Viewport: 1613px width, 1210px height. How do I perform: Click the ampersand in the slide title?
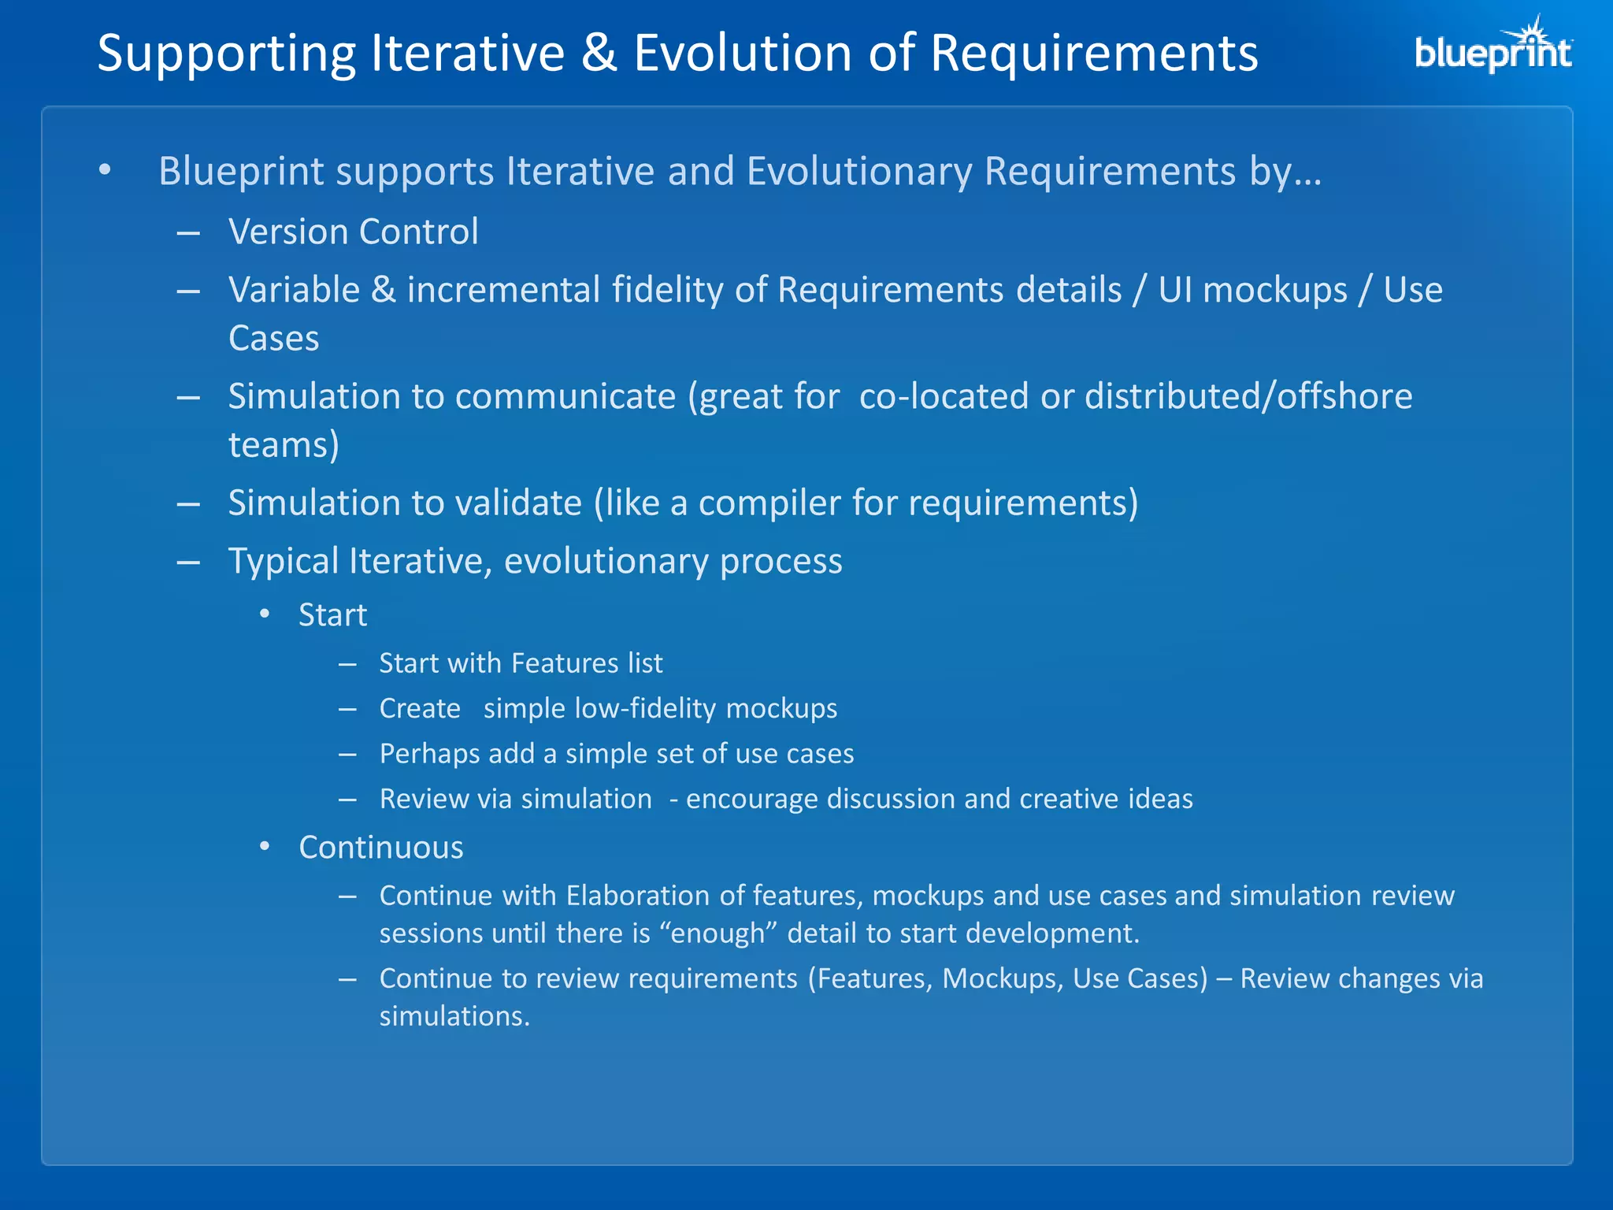[x=599, y=54]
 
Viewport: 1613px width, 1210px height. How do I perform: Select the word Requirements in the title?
[x=1094, y=54]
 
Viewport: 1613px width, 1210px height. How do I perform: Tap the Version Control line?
[x=353, y=232]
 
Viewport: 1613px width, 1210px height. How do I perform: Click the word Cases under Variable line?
[x=273, y=339]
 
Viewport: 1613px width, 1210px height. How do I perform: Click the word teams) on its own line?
[x=284, y=445]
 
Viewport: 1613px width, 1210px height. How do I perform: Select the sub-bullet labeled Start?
[x=332, y=615]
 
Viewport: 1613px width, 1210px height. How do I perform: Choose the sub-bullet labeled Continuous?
[x=380, y=848]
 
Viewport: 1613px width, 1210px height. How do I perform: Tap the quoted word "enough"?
[x=718, y=933]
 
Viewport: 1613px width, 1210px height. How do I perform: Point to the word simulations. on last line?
[x=454, y=1016]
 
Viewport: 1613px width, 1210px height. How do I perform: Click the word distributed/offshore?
[x=1248, y=396]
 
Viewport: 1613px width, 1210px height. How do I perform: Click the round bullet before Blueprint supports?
[x=105, y=170]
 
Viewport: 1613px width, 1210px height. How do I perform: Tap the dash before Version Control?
[x=188, y=233]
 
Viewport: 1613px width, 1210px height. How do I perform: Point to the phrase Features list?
[x=587, y=663]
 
